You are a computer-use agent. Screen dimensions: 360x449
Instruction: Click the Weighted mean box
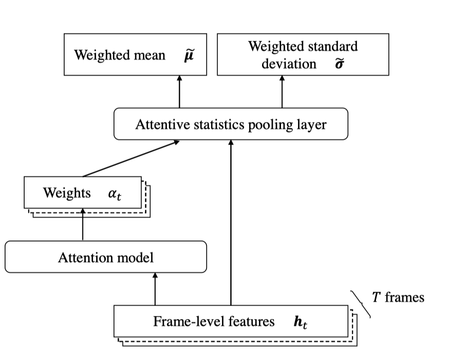135,55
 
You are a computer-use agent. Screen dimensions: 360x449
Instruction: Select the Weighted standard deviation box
303,55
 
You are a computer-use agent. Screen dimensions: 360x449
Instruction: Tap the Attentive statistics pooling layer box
231,124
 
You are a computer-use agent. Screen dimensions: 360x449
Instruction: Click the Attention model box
105,257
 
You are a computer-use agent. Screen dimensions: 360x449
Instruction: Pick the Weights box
83,193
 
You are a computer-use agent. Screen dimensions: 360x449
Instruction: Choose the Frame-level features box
231,322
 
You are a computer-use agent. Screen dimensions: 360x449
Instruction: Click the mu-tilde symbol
189,55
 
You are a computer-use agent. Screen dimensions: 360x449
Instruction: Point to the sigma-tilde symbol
338,64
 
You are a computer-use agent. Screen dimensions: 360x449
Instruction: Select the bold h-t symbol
300,322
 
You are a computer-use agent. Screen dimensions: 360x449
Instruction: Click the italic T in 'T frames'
376,297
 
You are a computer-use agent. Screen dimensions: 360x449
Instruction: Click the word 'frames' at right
404,297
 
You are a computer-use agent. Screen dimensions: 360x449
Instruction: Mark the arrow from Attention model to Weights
83,225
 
